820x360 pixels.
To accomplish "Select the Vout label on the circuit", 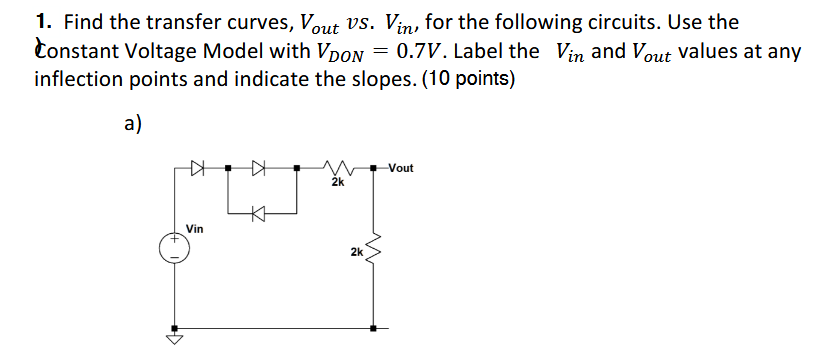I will (x=400, y=168).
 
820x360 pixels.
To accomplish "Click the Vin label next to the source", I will (x=193, y=229).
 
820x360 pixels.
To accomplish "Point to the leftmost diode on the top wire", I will (x=197, y=168).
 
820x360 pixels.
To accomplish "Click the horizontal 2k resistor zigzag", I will (x=337, y=168).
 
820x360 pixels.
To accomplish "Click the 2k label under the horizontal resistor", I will (x=337, y=183).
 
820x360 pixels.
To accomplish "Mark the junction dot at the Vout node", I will (x=375, y=168).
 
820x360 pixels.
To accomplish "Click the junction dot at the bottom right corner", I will (x=375, y=328).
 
